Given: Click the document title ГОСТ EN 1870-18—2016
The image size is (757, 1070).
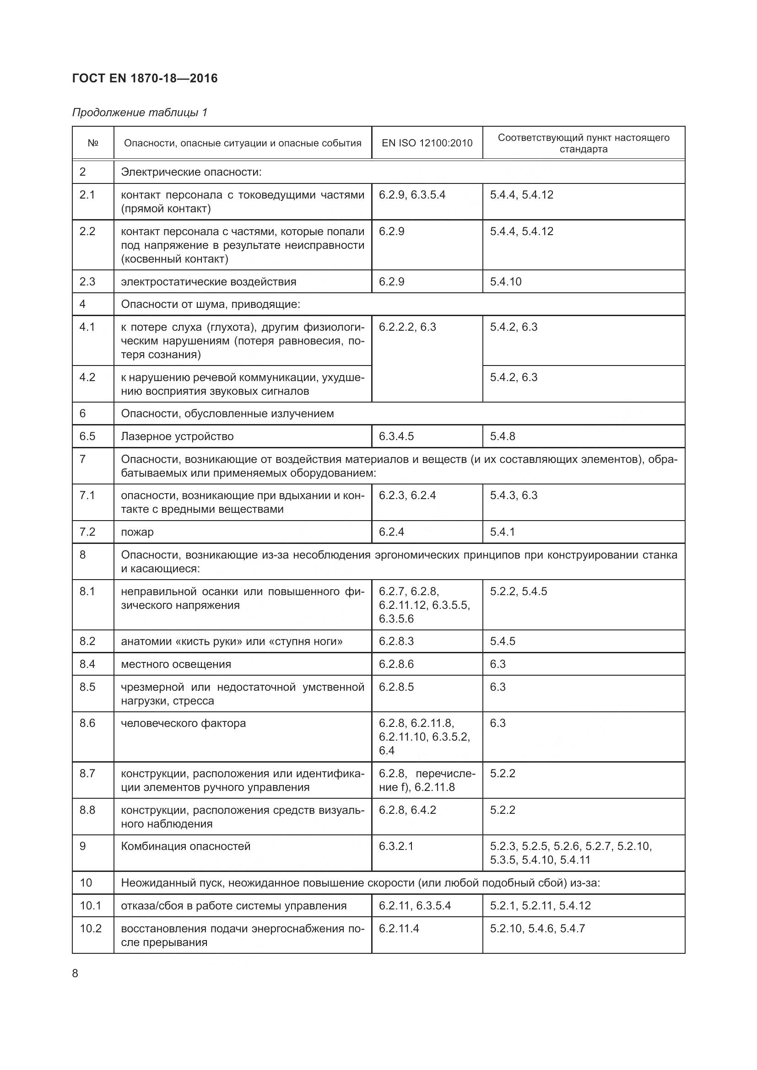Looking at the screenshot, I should click(x=145, y=78).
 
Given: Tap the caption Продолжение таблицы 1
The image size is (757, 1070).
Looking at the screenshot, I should click(x=140, y=113).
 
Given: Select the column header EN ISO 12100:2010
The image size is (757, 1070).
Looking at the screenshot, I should click(x=427, y=143).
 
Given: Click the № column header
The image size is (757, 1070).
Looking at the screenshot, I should click(x=93, y=143).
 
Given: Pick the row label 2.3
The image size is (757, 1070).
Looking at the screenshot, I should click(x=87, y=281).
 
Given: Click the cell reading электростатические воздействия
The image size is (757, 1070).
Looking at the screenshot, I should click(x=208, y=281).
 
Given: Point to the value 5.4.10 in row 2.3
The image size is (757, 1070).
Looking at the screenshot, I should click(x=506, y=281).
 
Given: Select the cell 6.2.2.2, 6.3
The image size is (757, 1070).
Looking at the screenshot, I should click(x=407, y=327).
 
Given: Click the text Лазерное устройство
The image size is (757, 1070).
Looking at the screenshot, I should click(x=177, y=436).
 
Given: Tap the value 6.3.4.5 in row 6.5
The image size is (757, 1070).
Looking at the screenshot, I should click(x=396, y=436).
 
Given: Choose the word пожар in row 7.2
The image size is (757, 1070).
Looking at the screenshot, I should click(x=137, y=532).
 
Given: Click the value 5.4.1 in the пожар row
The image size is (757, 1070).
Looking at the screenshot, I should click(x=502, y=532).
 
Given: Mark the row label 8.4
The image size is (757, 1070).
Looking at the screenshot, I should click(x=87, y=664).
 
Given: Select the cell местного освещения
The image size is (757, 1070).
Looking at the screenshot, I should click(x=176, y=664).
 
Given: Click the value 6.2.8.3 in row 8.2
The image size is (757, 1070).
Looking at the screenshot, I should click(x=396, y=641).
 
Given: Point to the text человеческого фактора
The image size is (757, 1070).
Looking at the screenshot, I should click(x=183, y=723).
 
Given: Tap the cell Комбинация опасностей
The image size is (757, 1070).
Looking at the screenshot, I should click(x=185, y=846).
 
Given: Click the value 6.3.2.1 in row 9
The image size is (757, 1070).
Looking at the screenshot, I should click(x=396, y=846).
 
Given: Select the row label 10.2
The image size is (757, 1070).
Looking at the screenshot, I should click(x=91, y=928).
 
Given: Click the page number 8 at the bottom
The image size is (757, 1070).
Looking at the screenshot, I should click(x=76, y=973).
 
